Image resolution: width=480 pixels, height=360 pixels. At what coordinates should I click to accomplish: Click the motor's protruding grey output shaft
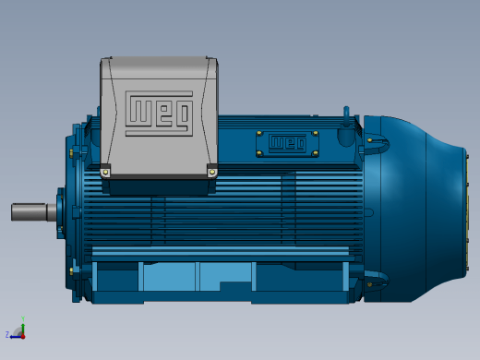[34, 211]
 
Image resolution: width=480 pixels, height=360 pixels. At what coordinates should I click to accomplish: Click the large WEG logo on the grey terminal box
[159, 114]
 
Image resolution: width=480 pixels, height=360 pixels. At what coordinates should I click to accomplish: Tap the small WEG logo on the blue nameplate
[287, 143]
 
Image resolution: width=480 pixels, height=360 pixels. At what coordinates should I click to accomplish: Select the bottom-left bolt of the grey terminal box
[105, 173]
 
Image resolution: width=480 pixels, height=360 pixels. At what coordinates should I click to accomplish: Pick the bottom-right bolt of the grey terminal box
[212, 173]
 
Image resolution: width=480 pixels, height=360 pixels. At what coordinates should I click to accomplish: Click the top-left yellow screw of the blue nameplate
[259, 133]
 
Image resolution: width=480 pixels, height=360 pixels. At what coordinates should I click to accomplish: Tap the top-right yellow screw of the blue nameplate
[315, 133]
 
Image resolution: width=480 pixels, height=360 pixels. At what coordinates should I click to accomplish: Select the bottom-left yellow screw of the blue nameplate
[259, 153]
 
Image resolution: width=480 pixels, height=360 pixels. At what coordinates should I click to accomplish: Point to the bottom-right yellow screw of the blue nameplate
[315, 153]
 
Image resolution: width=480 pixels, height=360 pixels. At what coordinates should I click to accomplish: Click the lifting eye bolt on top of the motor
[346, 122]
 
